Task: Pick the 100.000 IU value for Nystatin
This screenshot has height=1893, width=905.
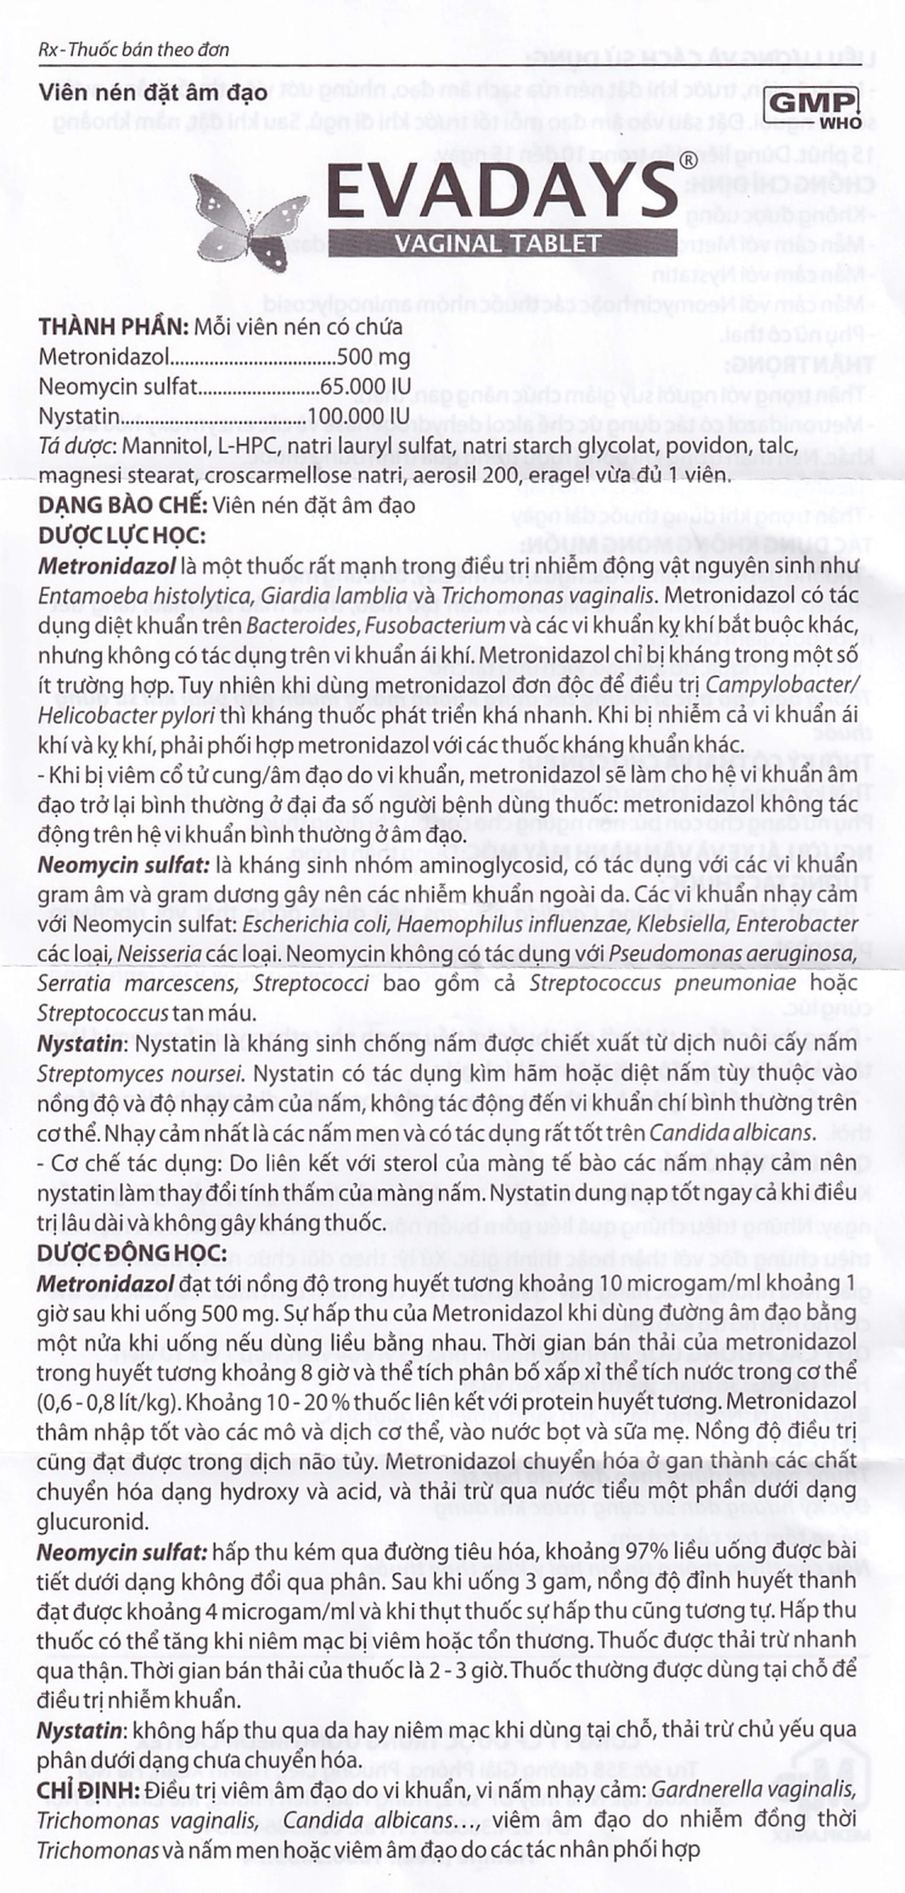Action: [358, 417]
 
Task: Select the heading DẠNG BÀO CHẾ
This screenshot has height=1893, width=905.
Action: [123, 506]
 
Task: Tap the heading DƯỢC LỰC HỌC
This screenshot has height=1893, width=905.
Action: [121, 536]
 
